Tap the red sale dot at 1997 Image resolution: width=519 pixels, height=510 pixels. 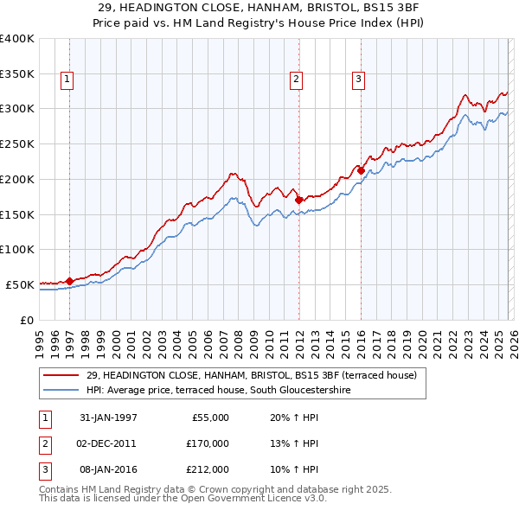point(69,281)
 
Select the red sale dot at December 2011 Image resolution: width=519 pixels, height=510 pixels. point(298,200)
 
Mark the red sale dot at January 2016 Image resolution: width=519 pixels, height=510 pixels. point(361,170)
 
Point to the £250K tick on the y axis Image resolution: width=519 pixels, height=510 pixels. point(17,144)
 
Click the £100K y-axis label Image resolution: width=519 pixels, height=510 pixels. point(17,249)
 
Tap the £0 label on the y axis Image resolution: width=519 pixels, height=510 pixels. point(26,320)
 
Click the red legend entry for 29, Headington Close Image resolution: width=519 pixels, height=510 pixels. point(251,375)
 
